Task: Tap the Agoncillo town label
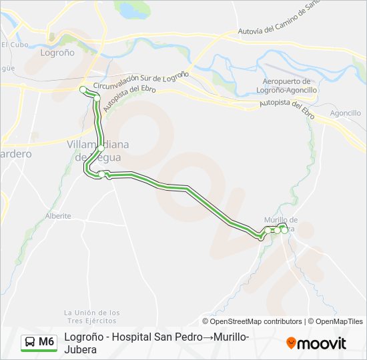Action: tap(345, 113)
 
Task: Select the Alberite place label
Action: tap(58, 216)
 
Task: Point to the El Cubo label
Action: tap(13, 45)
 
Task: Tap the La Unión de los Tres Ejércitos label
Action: tap(92, 317)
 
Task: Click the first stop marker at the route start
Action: tap(83, 89)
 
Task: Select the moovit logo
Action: tap(316, 343)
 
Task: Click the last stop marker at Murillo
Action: tap(285, 230)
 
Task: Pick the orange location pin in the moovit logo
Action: tap(291, 343)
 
